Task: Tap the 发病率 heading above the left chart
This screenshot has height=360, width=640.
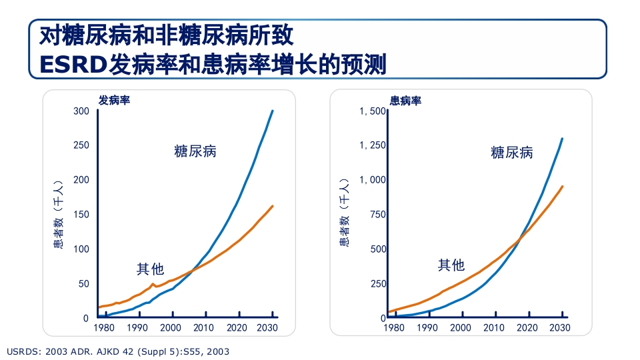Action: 114,101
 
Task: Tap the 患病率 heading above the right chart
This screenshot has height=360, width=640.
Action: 405,101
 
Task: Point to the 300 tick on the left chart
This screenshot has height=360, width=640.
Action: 81,111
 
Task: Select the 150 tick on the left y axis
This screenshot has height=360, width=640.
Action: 81,215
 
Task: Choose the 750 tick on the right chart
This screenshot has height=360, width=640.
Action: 378,215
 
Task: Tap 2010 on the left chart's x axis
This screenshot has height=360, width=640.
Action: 204,328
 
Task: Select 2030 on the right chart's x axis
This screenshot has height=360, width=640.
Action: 560,328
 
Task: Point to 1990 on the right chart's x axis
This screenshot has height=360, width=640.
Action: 427,328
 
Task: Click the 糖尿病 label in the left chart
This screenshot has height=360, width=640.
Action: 195,151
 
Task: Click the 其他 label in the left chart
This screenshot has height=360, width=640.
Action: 150,269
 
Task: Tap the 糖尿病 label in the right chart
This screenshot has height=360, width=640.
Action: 511,153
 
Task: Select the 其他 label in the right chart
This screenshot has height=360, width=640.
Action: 451,265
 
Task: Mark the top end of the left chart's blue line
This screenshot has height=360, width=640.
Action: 272,111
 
